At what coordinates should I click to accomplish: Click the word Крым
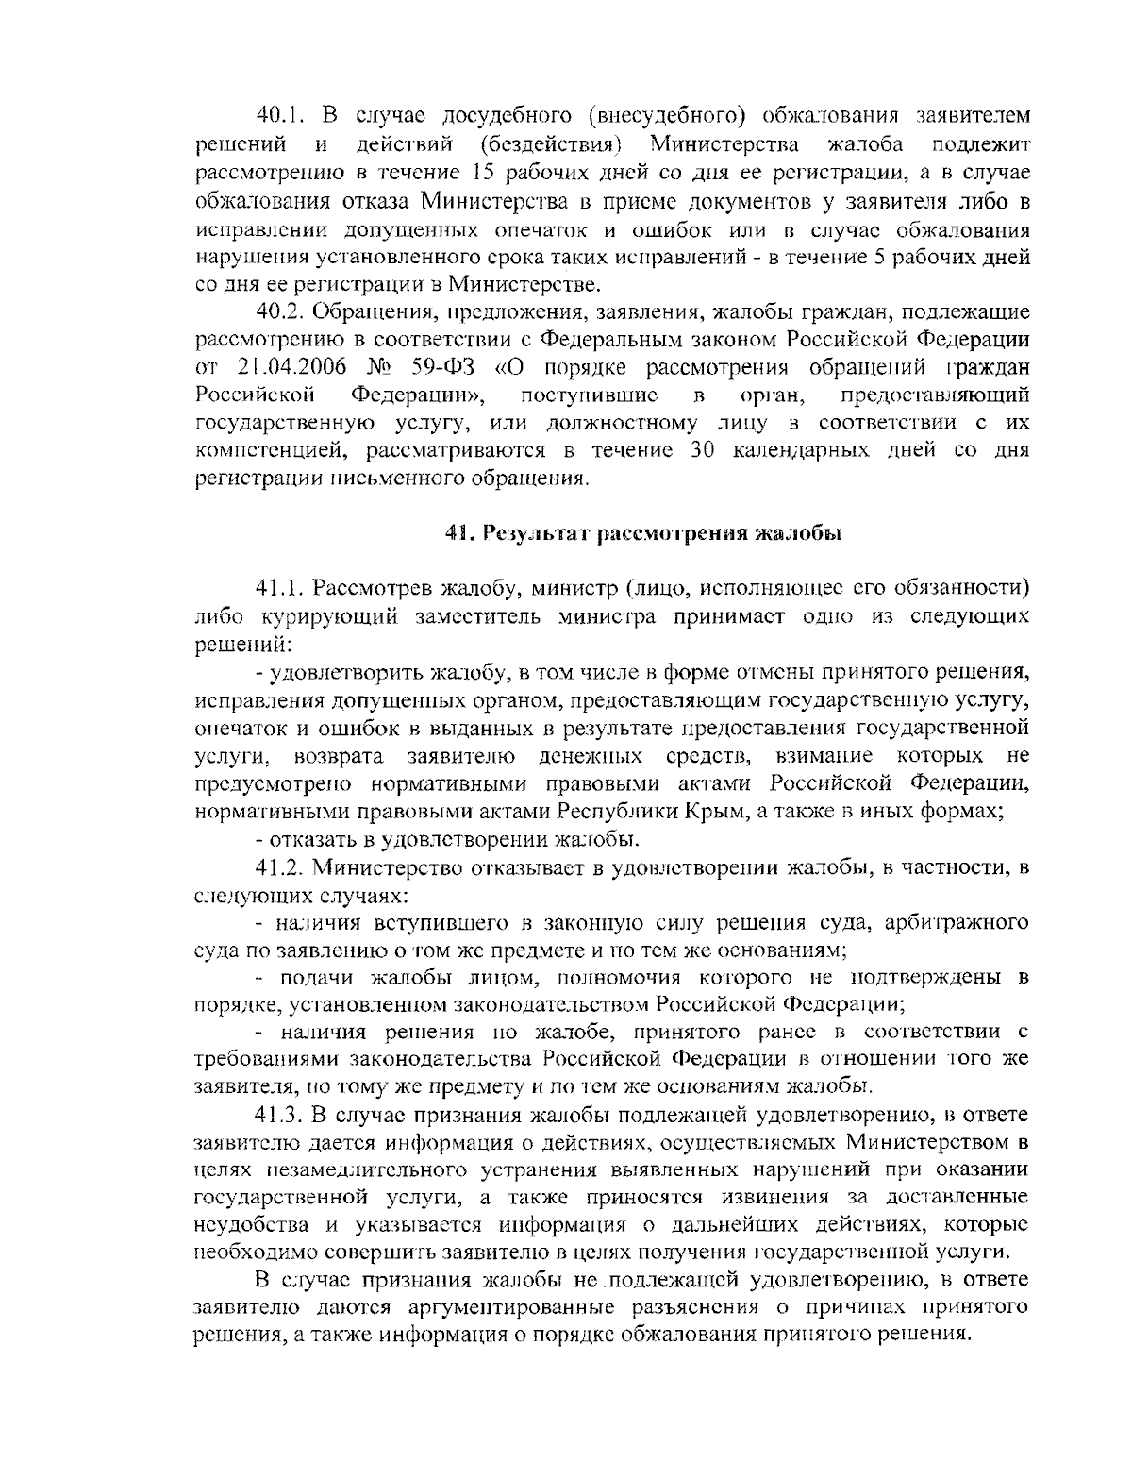tap(723, 811)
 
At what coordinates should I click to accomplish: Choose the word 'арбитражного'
tap(961, 922)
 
